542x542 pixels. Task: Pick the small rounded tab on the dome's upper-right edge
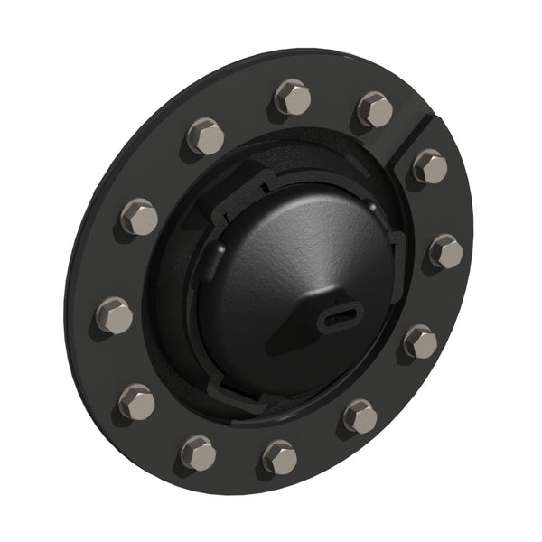395,237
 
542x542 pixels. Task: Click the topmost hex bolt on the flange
293,97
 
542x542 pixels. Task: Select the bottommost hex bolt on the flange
280,457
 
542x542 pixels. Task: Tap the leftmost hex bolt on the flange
115,315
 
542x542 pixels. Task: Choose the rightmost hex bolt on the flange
446,251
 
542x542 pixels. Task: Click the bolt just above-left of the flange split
376,109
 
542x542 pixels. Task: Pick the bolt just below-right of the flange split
430,166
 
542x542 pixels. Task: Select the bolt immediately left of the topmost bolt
206,136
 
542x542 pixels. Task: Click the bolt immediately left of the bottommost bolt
198,452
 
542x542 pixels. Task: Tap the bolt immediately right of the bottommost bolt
360,416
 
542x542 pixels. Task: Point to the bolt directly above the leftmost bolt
139,217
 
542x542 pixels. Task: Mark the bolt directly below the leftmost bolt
136,401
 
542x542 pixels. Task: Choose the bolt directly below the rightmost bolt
420,341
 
